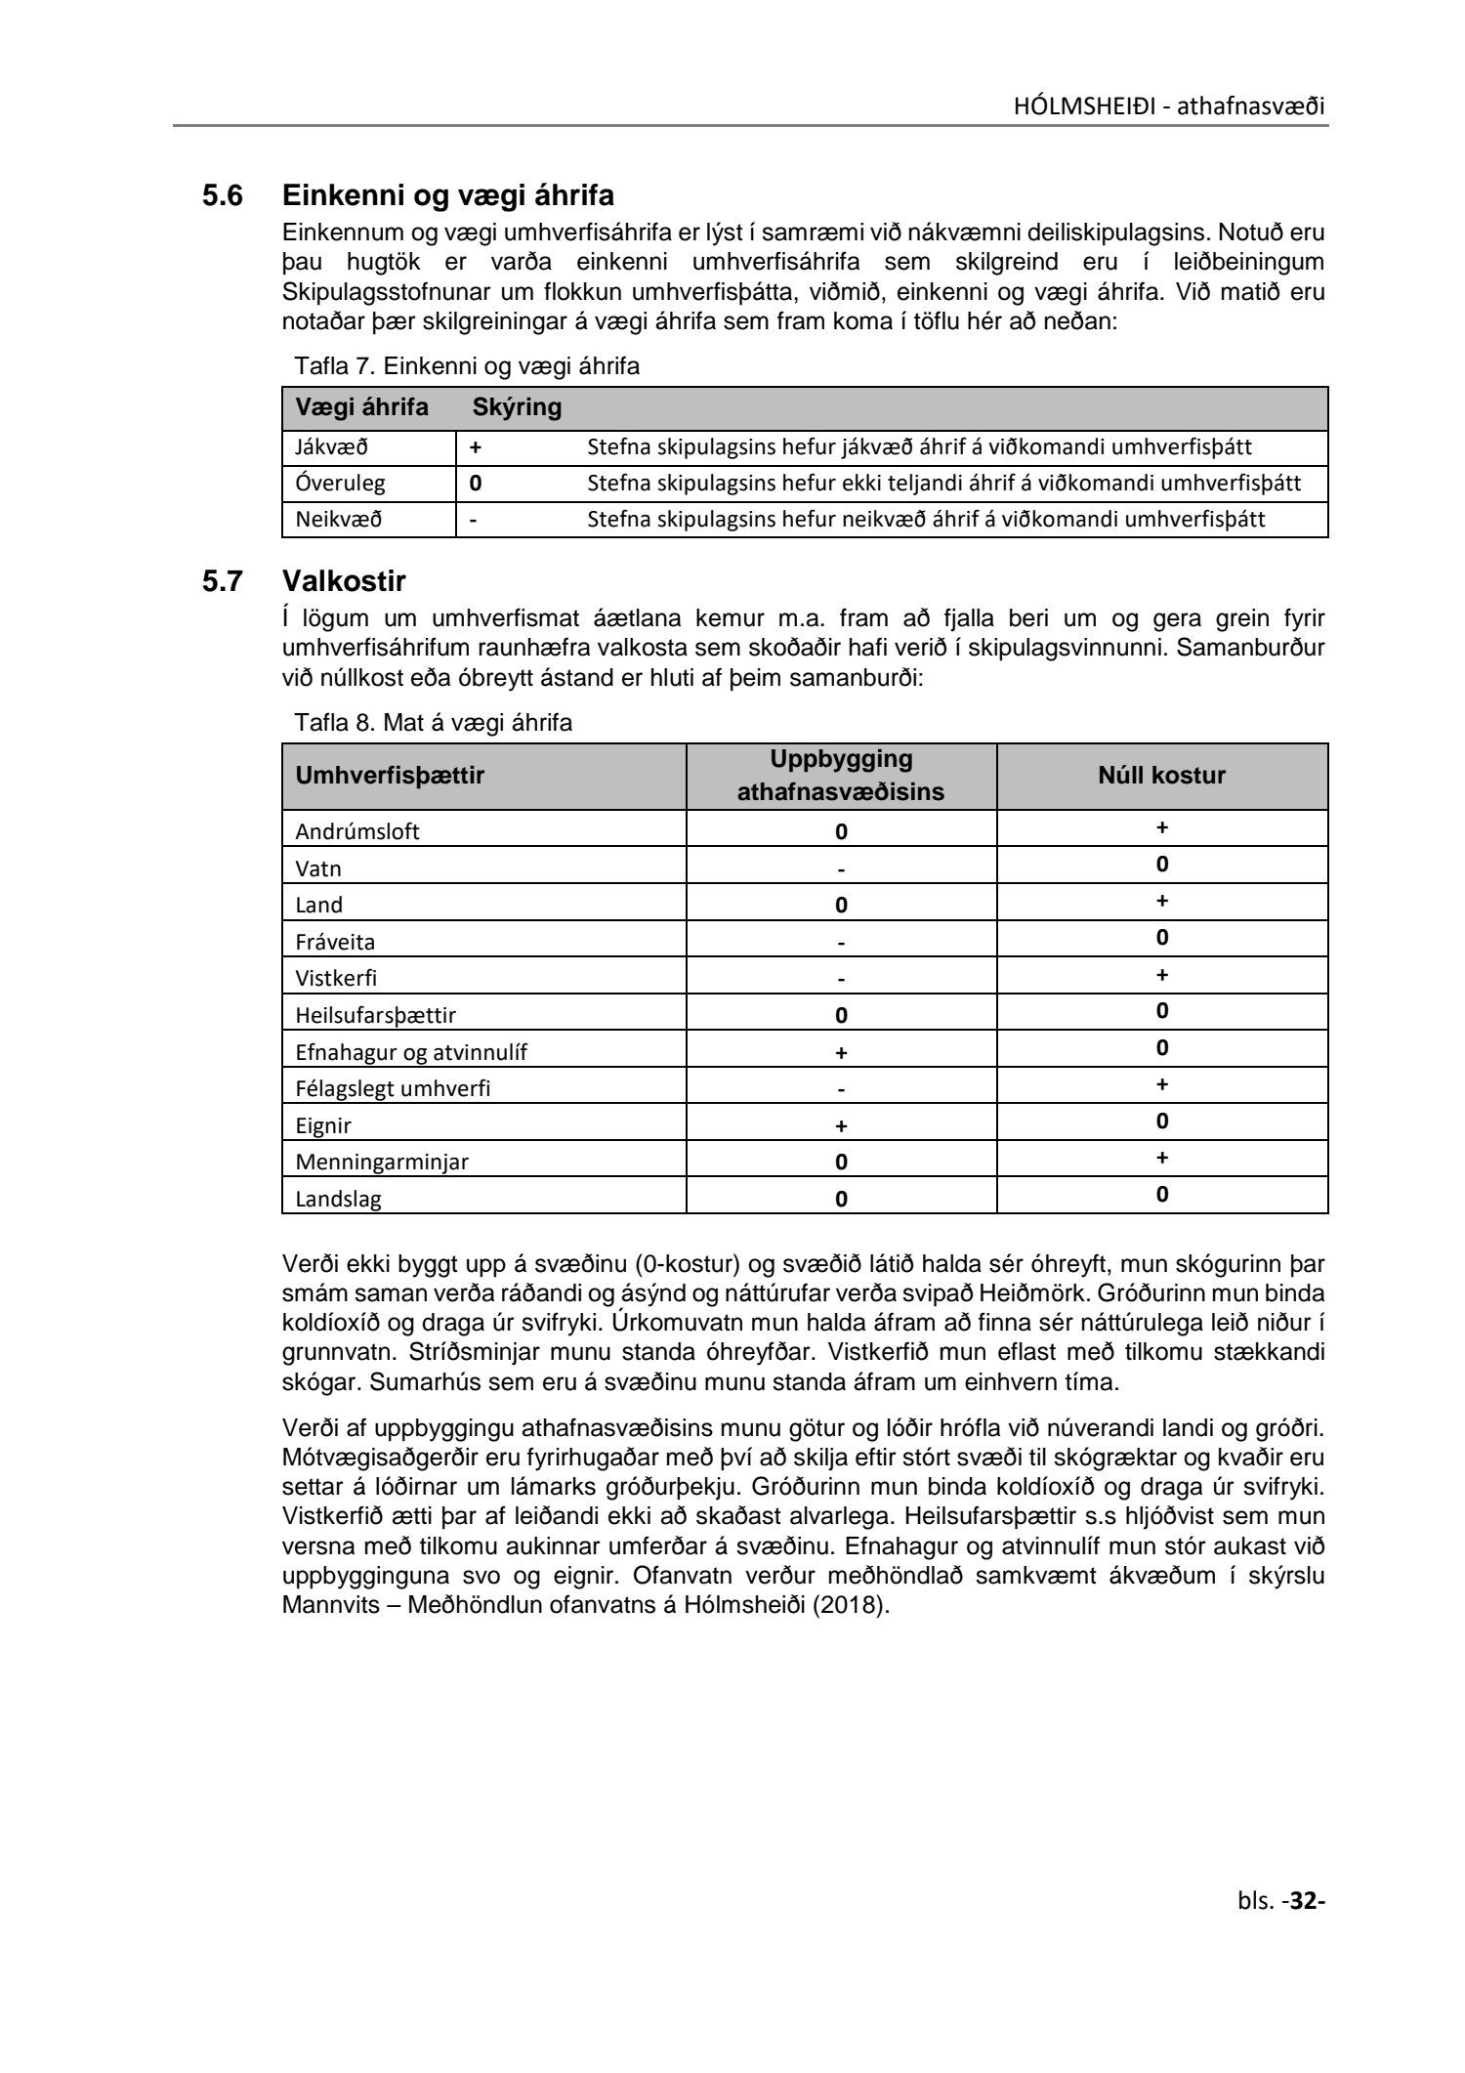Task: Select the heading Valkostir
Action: point(344,581)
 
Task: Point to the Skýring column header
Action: point(517,407)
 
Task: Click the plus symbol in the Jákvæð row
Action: point(476,447)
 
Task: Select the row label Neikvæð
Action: point(338,520)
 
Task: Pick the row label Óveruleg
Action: point(340,484)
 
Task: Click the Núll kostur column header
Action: point(1161,776)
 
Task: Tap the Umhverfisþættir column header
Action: point(390,777)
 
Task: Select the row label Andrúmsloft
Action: point(357,832)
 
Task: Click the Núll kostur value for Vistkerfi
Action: point(1162,975)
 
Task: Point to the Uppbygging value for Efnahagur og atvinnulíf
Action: point(841,1053)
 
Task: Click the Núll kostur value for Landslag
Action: point(1162,1195)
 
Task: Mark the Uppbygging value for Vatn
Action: point(841,869)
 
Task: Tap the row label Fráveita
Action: point(335,943)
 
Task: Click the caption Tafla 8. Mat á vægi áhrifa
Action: point(433,724)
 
